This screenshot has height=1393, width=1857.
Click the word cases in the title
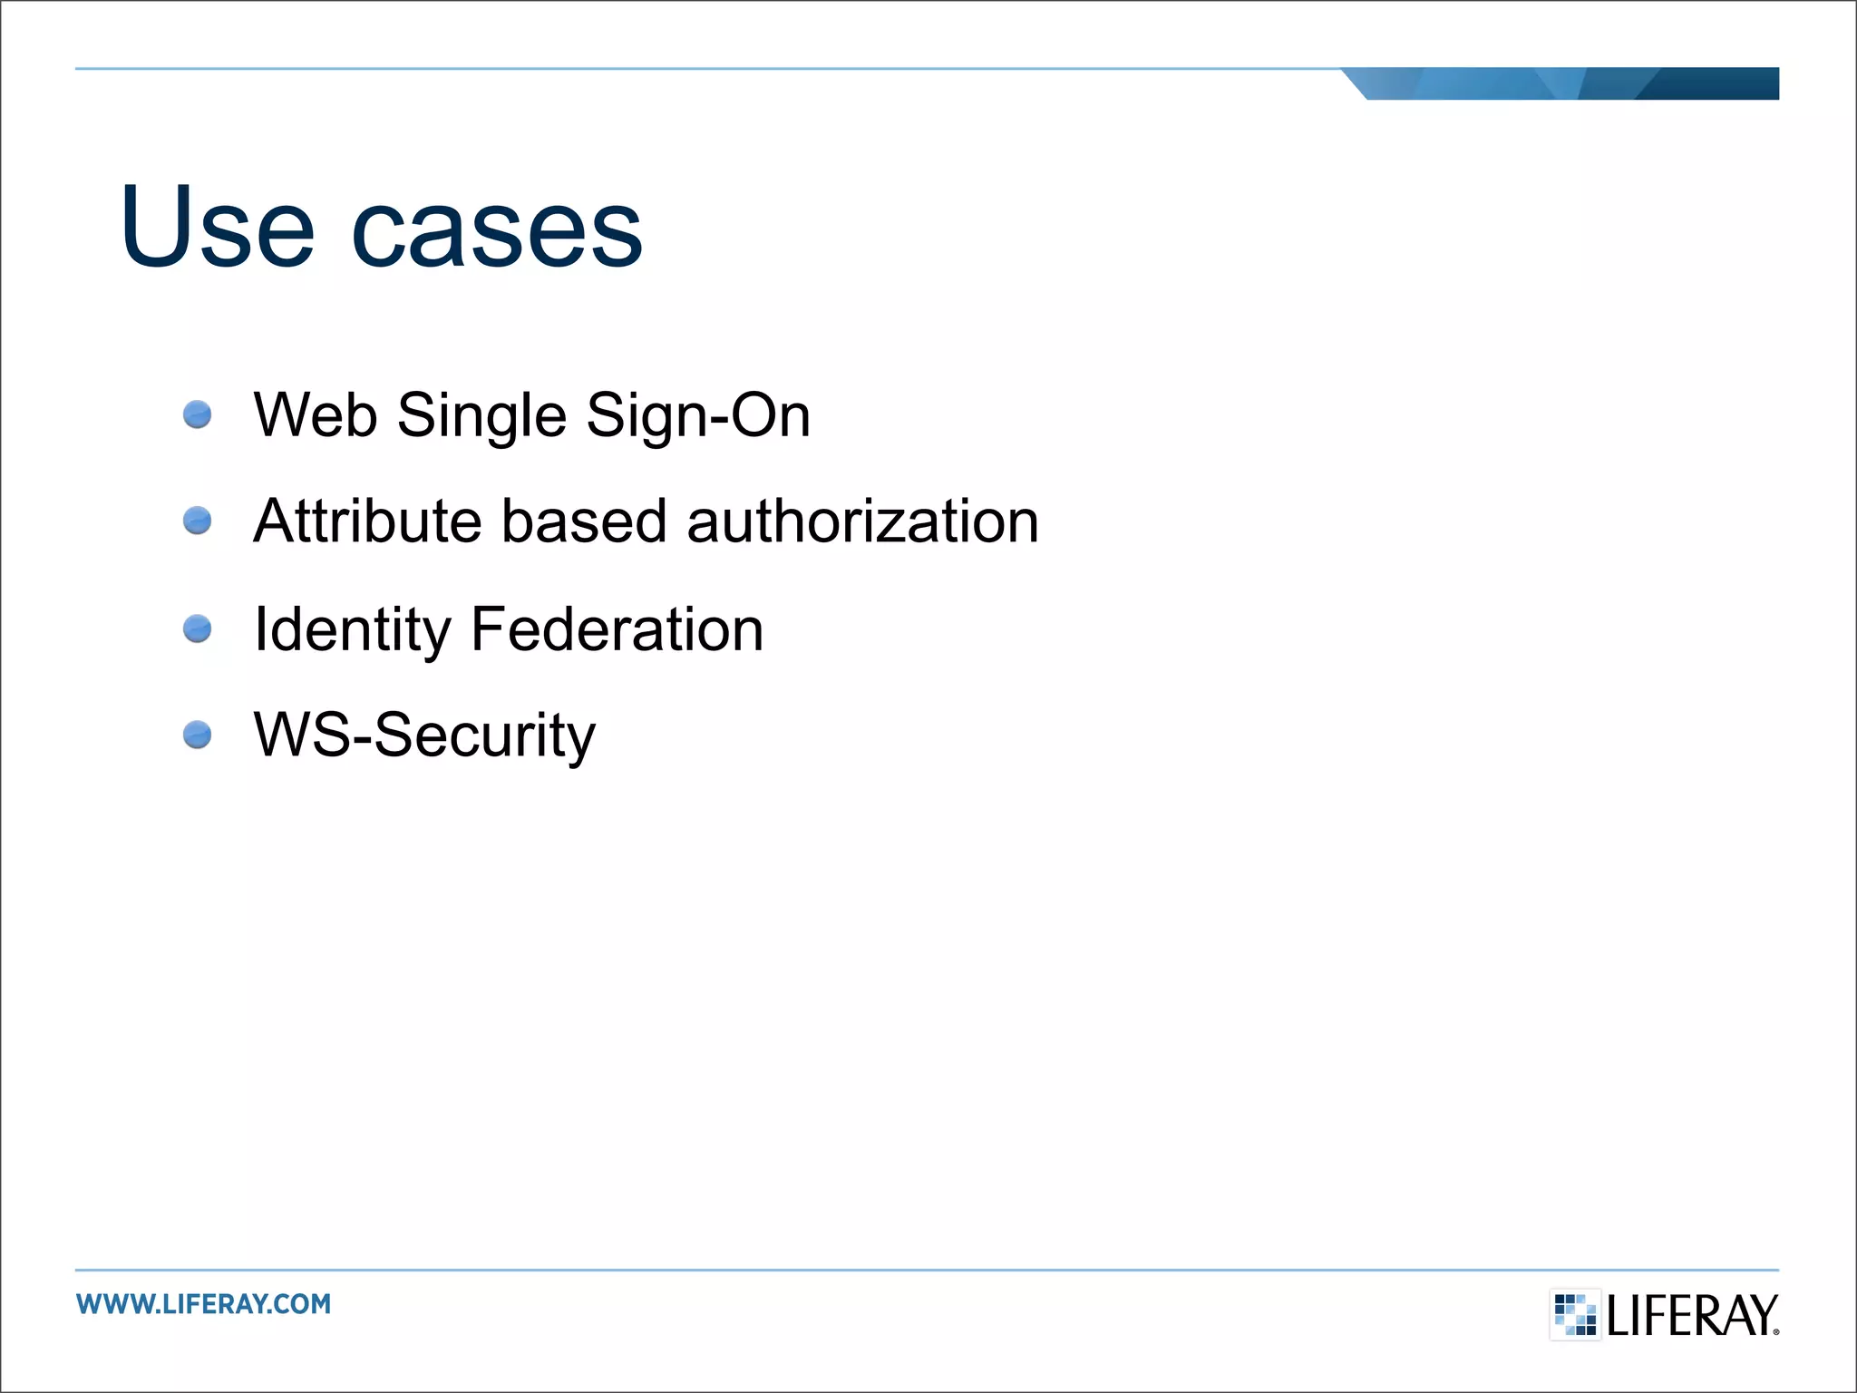[497, 231]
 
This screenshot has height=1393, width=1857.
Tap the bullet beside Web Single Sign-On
[197, 415]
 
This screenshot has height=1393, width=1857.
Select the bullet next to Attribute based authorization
[197, 521]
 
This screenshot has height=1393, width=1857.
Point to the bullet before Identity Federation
[197, 628]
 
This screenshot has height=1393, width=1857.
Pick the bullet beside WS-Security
[197, 735]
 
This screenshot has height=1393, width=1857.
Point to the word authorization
[862, 521]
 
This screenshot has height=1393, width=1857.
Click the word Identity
[352, 630]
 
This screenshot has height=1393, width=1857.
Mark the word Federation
[617, 628]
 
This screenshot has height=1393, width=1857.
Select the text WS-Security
[424, 735]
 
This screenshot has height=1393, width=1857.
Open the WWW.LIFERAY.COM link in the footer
[204, 1304]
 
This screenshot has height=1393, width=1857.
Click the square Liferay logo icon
[1575, 1314]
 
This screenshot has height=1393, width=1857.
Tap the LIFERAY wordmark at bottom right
[1690, 1315]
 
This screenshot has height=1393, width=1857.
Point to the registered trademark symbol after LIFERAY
[1775, 1331]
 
